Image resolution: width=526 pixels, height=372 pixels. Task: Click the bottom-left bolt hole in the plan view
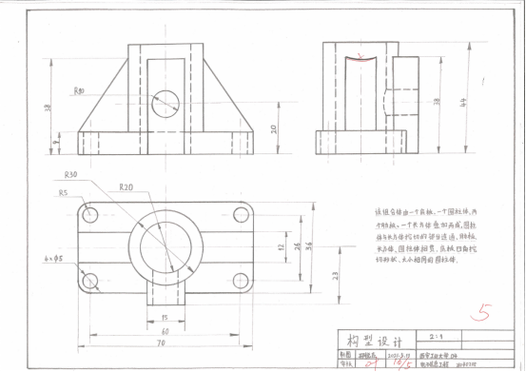pos(91,280)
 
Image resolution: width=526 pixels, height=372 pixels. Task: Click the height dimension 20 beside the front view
pos(273,129)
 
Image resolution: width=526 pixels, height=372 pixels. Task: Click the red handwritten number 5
pos(485,310)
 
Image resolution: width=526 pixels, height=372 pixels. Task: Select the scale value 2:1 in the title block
pos(459,335)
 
